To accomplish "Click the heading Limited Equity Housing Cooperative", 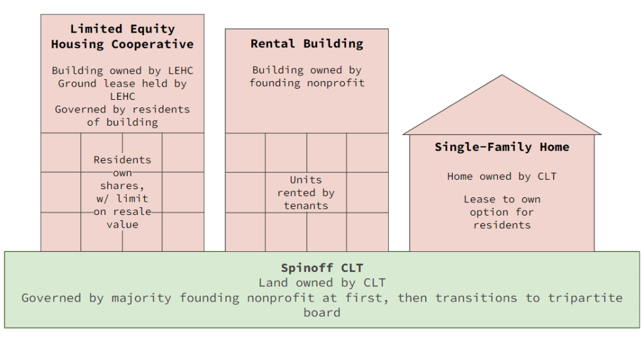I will (122, 36).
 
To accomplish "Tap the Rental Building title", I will (306, 43).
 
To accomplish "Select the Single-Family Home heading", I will (502, 147).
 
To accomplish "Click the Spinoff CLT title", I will (321, 268).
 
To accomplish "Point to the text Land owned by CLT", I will (321, 283).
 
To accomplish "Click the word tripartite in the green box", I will (581, 298).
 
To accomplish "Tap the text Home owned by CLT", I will (502, 177).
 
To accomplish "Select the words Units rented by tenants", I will (306, 192).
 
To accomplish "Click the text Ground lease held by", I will (122, 83).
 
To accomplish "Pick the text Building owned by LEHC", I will (122, 70).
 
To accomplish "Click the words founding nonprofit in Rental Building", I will (306, 83).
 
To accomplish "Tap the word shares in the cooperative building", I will (122, 185).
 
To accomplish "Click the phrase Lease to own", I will (502, 199).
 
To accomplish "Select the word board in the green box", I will (321, 312).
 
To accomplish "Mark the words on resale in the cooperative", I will (122, 212).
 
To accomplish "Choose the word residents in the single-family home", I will (502, 225).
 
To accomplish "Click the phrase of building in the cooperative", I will (122, 122).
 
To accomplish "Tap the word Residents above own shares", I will (122, 160).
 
